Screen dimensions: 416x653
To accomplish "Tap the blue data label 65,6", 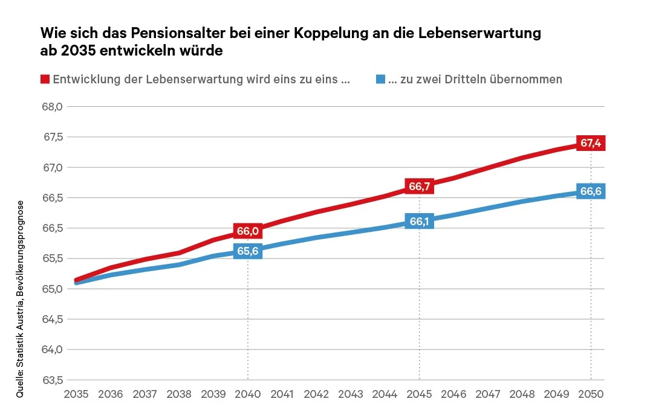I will (248, 251).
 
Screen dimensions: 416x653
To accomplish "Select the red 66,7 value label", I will (419, 187).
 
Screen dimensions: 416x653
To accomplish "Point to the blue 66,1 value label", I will (419, 222).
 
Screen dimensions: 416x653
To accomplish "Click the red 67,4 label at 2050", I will (591, 143).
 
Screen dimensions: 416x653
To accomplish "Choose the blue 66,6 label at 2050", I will (591, 191).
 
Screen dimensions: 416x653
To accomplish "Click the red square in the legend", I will (45, 79).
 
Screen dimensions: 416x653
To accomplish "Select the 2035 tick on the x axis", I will (76, 394).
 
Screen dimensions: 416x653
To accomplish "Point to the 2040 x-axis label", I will (248, 394).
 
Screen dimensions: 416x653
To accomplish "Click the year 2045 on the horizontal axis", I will (419, 394).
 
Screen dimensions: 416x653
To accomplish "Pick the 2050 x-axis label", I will (591, 394).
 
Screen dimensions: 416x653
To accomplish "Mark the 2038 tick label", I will (179, 394).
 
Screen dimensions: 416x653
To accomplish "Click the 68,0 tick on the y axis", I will (51, 107).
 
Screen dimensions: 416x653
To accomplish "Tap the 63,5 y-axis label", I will (51, 380).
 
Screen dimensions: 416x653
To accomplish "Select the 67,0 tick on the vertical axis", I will (51, 167).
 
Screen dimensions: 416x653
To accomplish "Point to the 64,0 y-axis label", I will (51, 350).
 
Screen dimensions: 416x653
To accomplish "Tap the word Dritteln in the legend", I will (472, 79).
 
